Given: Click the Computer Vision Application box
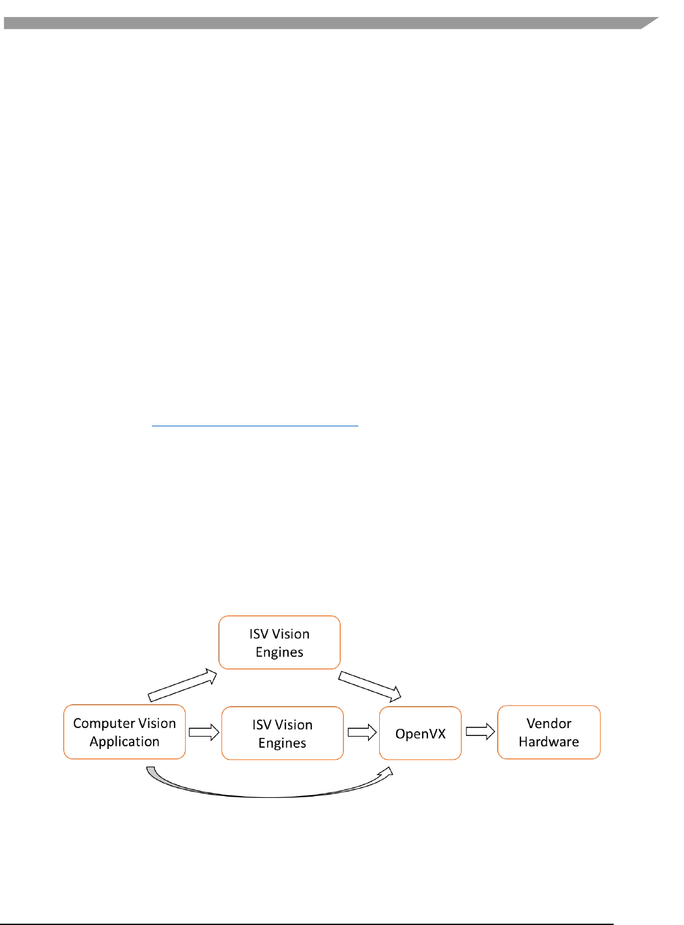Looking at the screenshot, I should (124, 732).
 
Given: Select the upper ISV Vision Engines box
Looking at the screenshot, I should (279, 643).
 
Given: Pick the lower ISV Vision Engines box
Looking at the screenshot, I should (282, 733).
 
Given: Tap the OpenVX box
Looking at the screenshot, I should (420, 733).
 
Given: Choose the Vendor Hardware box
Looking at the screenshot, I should (549, 732).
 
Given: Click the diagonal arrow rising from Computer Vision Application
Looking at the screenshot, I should (182, 686).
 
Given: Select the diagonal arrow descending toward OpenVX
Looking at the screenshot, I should (369, 686).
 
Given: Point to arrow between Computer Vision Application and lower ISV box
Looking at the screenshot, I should (203, 732).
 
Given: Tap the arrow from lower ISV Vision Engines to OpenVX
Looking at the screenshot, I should (362, 733).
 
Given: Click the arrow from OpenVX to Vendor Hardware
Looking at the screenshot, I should (480, 732).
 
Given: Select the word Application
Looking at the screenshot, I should (124, 742).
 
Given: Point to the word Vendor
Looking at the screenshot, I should (549, 724).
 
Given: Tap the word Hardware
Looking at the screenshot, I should (549, 742).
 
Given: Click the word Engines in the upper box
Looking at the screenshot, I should (279, 653).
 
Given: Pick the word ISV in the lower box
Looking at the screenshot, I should (261, 725).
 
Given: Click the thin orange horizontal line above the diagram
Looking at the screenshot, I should (255, 426).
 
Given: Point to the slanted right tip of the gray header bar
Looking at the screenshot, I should (649, 23).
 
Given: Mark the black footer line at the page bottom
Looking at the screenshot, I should (306, 923).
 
